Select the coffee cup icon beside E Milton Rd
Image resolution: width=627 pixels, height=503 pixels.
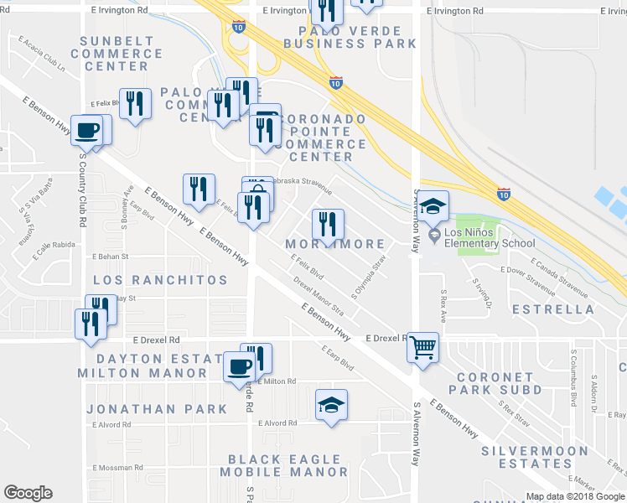(240, 366)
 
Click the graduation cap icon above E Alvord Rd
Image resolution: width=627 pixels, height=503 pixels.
(332, 405)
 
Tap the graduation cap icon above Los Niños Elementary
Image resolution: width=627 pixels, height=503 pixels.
(433, 206)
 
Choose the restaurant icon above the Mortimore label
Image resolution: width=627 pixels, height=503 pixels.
(328, 224)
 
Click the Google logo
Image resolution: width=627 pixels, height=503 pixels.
(28, 493)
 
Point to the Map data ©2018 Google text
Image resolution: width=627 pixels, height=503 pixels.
(575, 496)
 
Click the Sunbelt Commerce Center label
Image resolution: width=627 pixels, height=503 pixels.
(117, 54)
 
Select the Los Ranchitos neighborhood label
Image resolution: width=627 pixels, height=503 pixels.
(160, 279)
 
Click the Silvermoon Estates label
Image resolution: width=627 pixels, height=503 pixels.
(527, 457)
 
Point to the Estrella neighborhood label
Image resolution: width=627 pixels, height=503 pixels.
(559, 309)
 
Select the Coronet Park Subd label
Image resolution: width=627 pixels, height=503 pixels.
(495, 383)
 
